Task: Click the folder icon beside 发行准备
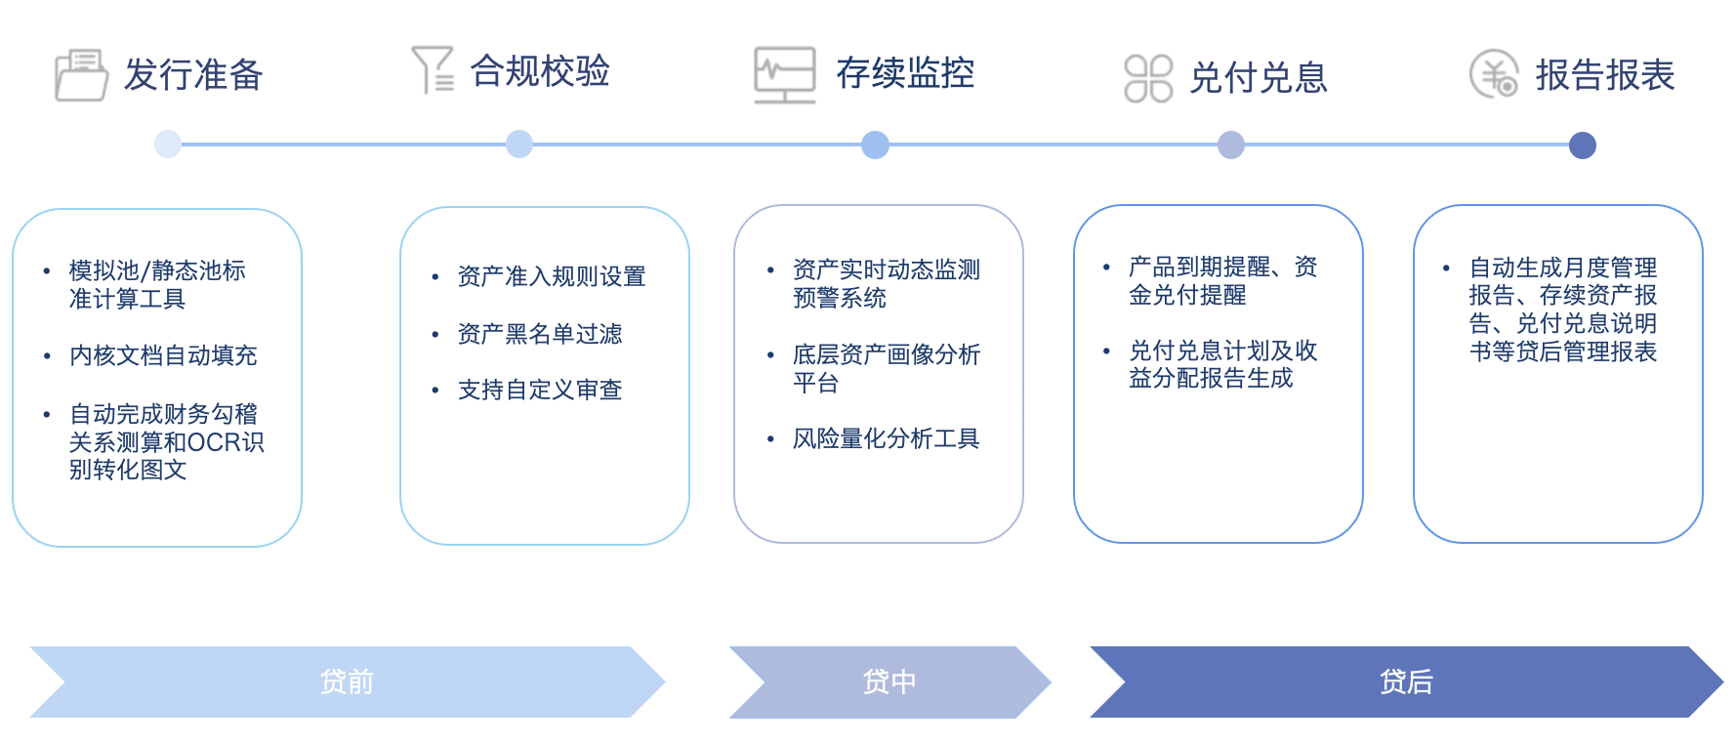(81, 75)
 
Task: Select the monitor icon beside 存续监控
(785, 74)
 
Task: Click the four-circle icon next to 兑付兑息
(1148, 78)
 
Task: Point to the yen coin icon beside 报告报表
(1494, 74)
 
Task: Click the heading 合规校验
(540, 71)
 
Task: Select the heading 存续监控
(905, 73)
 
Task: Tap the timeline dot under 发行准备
(168, 144)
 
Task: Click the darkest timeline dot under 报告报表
(1582, 145)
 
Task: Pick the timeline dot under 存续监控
(875, 144)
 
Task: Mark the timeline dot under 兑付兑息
(1231, 144)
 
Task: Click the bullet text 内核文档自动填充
(163, 355)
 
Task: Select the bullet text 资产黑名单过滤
(540, 334)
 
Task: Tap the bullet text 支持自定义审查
(540, 391)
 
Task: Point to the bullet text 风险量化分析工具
(886, 439)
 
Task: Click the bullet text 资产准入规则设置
(552, 277)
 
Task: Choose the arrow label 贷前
(347, 681)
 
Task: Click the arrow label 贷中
(889, 681)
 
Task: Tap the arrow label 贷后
(1406, 681)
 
